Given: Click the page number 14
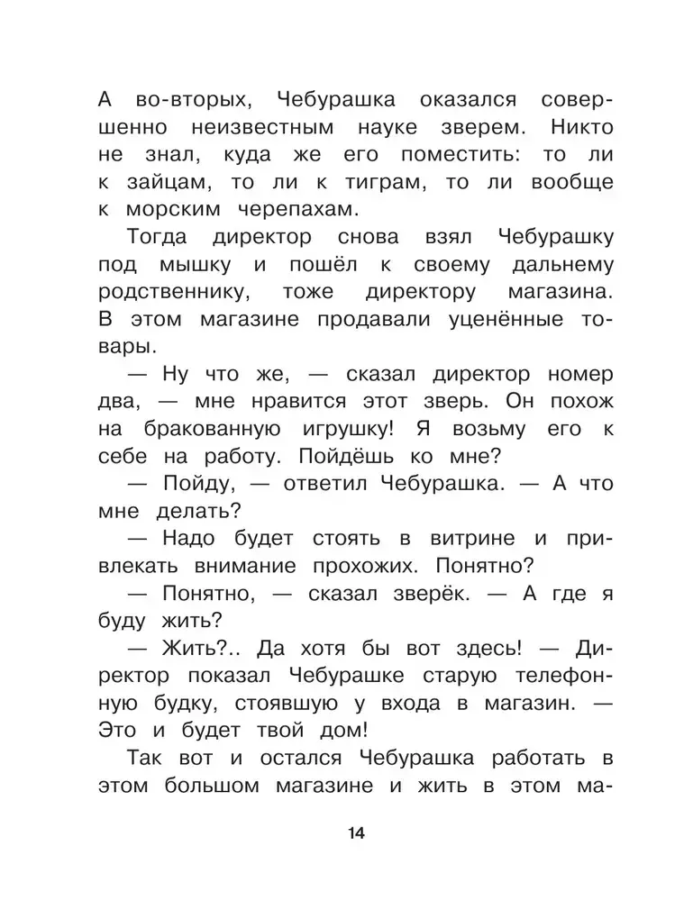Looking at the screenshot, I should (354, 833).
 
